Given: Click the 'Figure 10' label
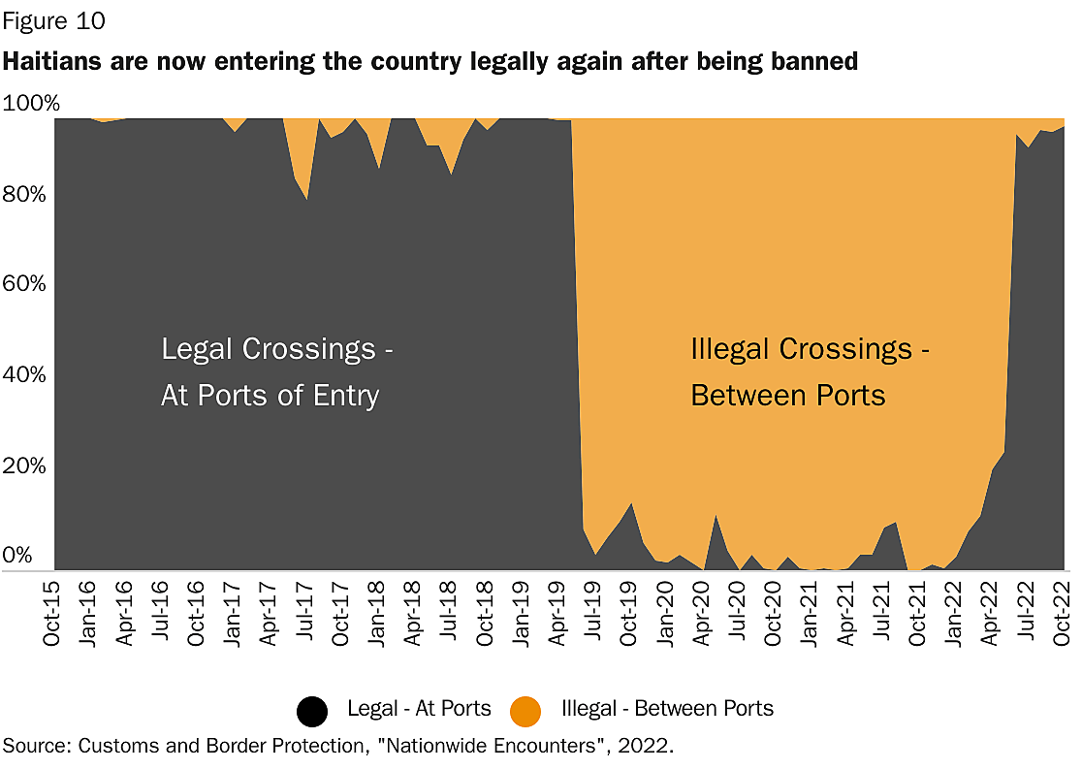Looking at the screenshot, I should pyautogui.click(x=54, y=19).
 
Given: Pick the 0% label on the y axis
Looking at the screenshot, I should pyautogui.click(x=20, y=556).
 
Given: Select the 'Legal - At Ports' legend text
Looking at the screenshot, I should pyautogui.click(x=419, y=709).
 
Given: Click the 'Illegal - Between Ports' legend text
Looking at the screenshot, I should pyautogui.click(x=667, y=709).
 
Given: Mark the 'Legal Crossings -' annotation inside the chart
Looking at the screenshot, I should pyautogui.click(x=276, y=349).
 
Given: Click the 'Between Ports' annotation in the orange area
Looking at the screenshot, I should pyautogui.click(x=787, y=396).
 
